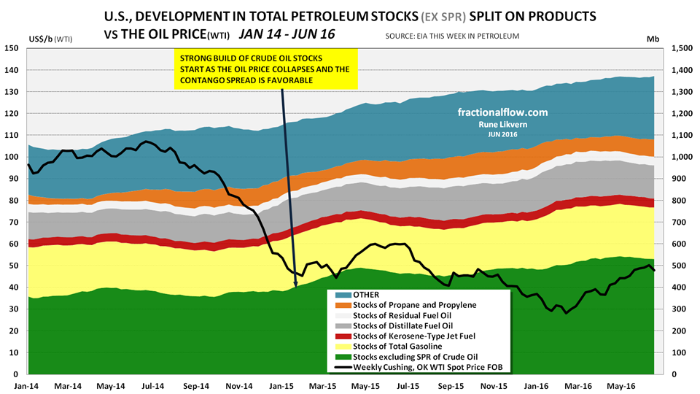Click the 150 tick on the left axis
(12, 48)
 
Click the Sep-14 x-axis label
(197, 385)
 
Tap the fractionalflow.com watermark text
(502, 113)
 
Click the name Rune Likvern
(502, 125)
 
